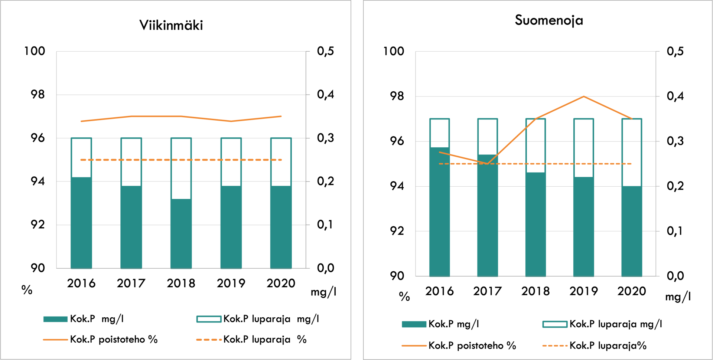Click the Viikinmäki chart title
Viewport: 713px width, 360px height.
click(x=171, y=25)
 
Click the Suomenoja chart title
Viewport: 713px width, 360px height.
click(x=548, y=20)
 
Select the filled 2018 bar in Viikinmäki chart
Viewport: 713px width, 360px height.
click(x=181, y=233)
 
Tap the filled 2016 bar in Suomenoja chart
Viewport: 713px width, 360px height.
click(x=439, y=212)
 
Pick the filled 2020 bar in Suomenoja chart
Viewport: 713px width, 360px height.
click(x=632, y=231)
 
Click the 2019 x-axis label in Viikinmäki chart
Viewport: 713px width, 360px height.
click(x=231, y=283)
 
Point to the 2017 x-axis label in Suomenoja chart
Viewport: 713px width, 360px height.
click(x=487, y=291)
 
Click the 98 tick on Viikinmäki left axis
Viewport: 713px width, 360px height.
click(x=38, y=95)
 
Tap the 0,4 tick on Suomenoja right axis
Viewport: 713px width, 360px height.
click(x=675, y=96)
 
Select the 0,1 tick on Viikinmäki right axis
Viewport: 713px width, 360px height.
click(x=325, y=225)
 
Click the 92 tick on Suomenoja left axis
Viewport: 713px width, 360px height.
click(x=397, y=231)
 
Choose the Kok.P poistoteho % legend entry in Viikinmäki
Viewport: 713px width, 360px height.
click(x=113, y=339)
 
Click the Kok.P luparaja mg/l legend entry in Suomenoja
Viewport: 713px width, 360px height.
click(x=615, y=324)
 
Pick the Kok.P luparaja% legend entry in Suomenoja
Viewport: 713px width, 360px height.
click(x=608, y=346)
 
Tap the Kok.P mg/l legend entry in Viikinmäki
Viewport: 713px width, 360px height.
click(x=96, y=319)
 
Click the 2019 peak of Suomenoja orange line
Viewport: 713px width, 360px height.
click(x=583, y=96)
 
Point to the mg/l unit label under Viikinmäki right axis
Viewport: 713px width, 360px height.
click(x=323, y=292)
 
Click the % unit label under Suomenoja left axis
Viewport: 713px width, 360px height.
click(x=404, y=296)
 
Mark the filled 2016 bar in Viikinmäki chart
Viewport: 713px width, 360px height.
click(x=81, y=223)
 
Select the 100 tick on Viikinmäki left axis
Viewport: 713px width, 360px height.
click(x=35, y=51)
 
